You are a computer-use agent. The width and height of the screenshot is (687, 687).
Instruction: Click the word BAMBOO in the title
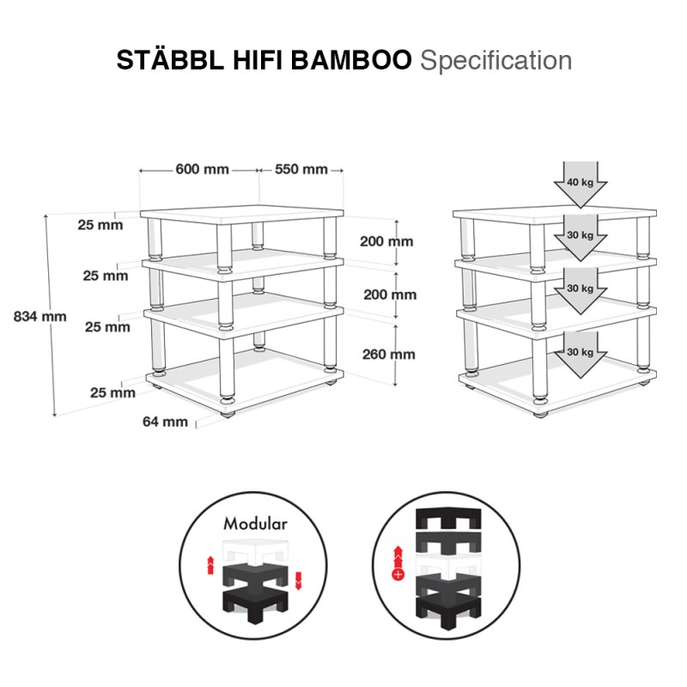click(351, 60)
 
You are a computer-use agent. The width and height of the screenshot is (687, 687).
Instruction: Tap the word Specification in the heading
click(496, 60)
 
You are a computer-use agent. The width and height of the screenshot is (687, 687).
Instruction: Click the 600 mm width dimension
click(202, 169)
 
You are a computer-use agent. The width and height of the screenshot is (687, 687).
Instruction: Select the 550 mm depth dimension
click(301, 169)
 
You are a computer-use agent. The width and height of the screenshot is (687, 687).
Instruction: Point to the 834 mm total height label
click(40, 316)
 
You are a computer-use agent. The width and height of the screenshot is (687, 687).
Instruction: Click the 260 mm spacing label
click(389, 354)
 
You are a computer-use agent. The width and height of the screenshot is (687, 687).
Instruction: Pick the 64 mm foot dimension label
click(165, 422)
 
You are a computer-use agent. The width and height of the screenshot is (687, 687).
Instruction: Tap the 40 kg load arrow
click(581, 184)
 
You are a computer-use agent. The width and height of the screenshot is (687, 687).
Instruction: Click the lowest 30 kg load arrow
click(581, 355)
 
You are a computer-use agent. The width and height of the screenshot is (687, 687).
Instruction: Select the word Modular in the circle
click(255, 524)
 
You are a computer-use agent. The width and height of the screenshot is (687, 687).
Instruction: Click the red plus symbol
click(398, 574)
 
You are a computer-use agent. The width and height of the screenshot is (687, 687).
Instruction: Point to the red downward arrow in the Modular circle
click(299, 581)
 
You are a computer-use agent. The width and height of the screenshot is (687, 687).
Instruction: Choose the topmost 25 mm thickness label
click(100, 225)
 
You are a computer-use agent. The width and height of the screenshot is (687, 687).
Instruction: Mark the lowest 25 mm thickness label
click(112, 392)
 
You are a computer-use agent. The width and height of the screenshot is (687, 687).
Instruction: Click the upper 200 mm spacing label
click(386, 241)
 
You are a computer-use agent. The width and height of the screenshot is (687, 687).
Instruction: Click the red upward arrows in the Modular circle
click(210, 564)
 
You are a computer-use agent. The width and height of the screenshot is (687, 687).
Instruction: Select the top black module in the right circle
click(448, 518)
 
